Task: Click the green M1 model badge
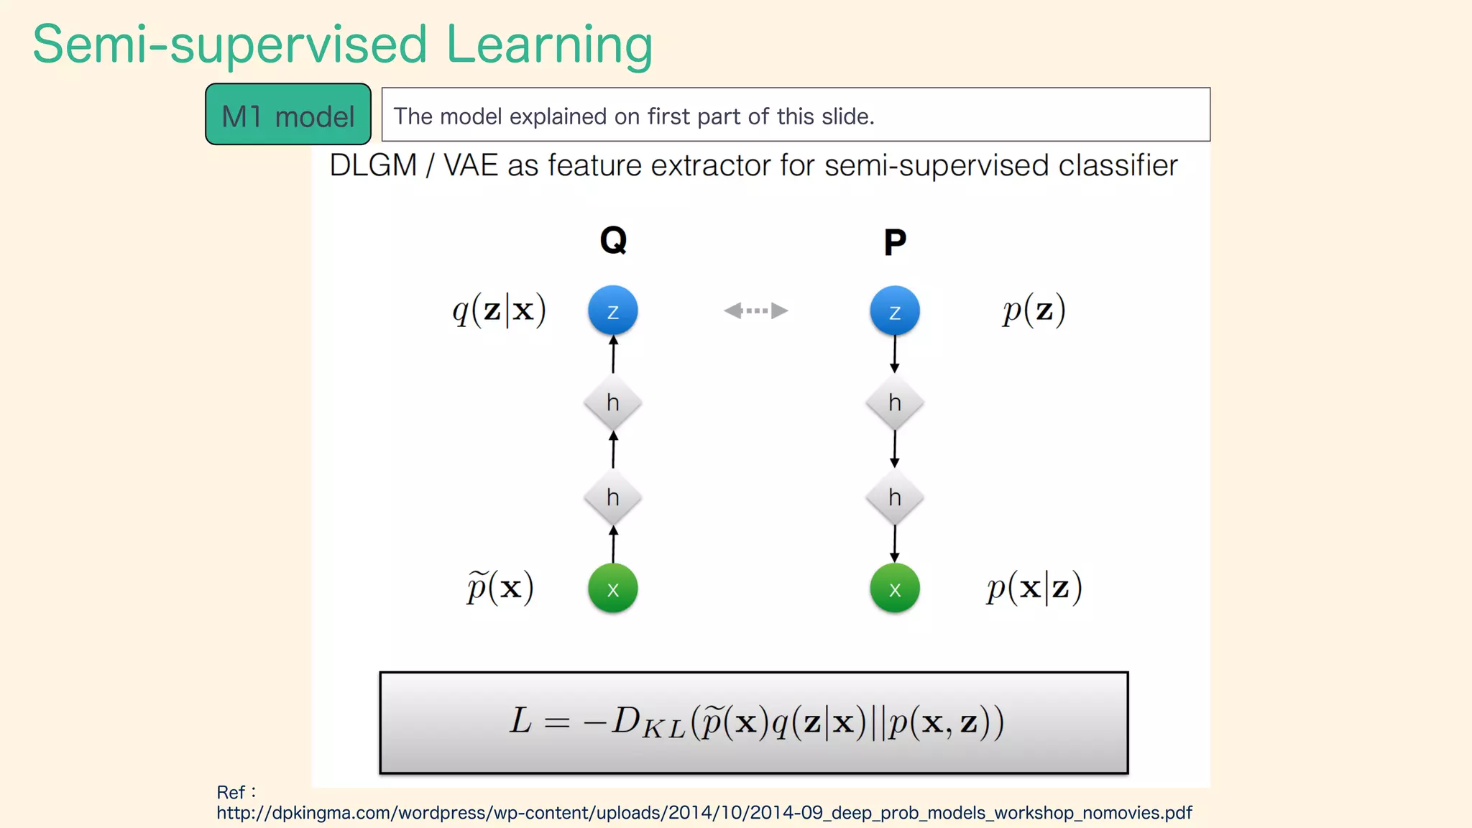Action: (287, 115)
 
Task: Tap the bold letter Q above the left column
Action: (613, 240)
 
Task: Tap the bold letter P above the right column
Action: (894, 242)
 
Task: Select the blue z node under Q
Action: (612, 311)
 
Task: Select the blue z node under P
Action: (894, 311)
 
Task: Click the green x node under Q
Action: (612, 589)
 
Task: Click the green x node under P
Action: (894, 589)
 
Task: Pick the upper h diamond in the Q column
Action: (612, 402)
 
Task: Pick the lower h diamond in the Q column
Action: (612, 497)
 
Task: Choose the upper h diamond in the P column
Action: (894, 402)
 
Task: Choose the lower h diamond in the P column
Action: (894, 497)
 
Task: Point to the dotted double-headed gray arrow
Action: (755, 310)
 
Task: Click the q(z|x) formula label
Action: (499, 310)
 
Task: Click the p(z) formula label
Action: (1034, 310)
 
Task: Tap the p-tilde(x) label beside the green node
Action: (500, 588)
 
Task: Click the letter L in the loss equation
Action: (520, 721)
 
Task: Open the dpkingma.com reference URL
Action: (704, 813)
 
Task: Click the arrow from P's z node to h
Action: (894, 354)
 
